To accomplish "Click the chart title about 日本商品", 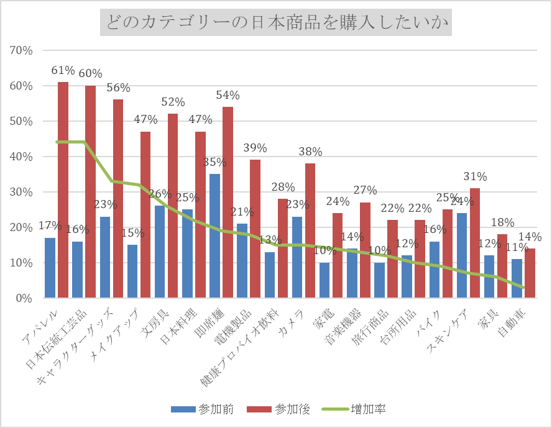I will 275,24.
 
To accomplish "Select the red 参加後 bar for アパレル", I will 63,189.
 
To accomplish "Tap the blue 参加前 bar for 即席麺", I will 215,236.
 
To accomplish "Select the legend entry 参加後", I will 279,409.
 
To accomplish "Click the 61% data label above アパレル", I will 63,71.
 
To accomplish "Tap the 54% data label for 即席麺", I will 228,95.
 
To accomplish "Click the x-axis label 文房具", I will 155,323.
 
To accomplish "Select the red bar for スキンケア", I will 475,243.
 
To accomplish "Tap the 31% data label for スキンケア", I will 475,177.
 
